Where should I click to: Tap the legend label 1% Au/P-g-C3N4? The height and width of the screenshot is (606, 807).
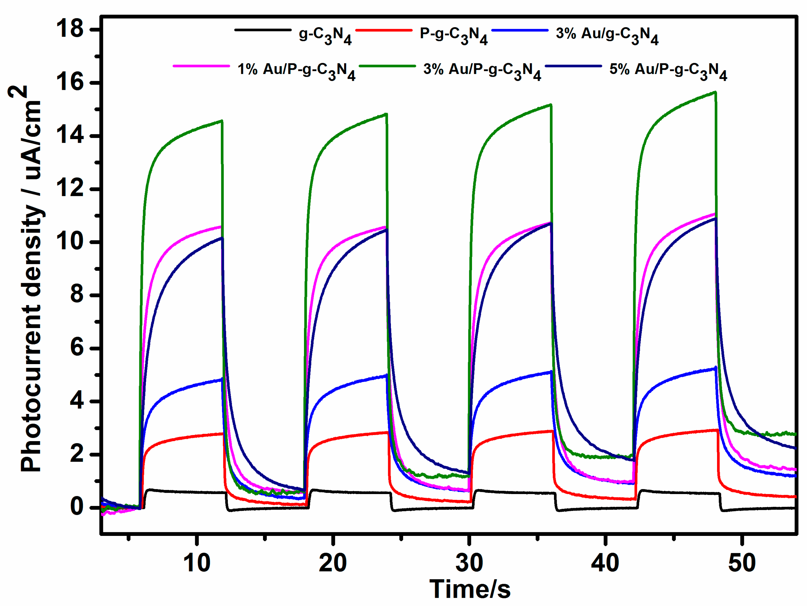296,70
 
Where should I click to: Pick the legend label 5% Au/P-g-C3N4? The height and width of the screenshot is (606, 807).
668,70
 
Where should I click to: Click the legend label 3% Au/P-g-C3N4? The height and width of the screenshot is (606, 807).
482,70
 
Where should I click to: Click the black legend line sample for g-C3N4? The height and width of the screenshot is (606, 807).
263,30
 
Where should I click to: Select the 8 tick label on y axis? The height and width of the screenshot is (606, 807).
77,295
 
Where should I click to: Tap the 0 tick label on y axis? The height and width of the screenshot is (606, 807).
77,507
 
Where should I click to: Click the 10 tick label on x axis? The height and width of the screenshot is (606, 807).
197,563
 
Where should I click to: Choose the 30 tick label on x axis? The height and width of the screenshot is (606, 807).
469,563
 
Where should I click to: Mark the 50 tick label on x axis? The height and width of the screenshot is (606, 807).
742,563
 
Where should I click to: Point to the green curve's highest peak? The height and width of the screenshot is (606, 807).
715,92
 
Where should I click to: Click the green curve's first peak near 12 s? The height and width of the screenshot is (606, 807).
221,121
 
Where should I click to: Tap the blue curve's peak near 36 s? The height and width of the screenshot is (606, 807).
551,372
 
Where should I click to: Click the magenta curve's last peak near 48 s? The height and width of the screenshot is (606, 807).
714,214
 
